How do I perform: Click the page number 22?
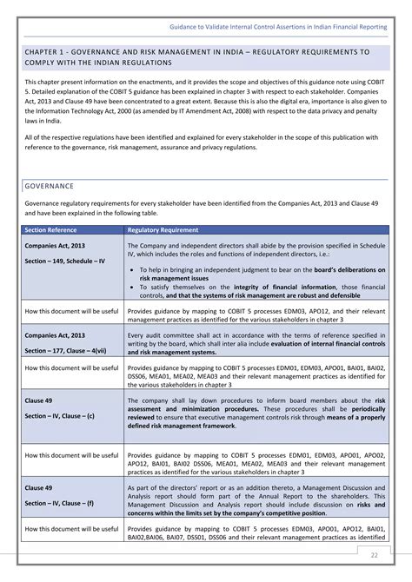(x=375, y=555)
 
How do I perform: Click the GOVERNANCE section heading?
(x=49, y=186)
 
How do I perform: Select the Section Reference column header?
(x=51, y=230)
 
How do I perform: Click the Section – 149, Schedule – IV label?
(x=65, y=261)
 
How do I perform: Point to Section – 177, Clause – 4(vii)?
(x=66, y=350)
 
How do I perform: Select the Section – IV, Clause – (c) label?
(x=60, y=416)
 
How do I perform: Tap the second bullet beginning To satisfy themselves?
(x=131, y=287)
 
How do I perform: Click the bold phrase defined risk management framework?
(x=182, y=427)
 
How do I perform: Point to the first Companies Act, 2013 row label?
(x=55, y=246)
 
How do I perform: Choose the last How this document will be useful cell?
(x=72, y=528)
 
